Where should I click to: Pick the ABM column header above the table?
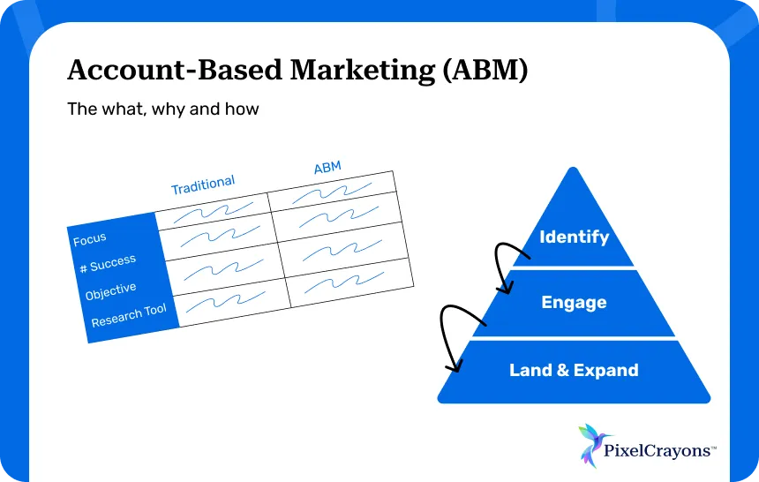(327, 169)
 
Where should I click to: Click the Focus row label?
(90, 238)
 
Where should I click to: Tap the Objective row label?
(111, 291)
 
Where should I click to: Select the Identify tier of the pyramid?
(574, 237)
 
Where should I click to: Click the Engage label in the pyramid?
(574, 303)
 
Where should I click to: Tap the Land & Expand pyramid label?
(574, 370)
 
